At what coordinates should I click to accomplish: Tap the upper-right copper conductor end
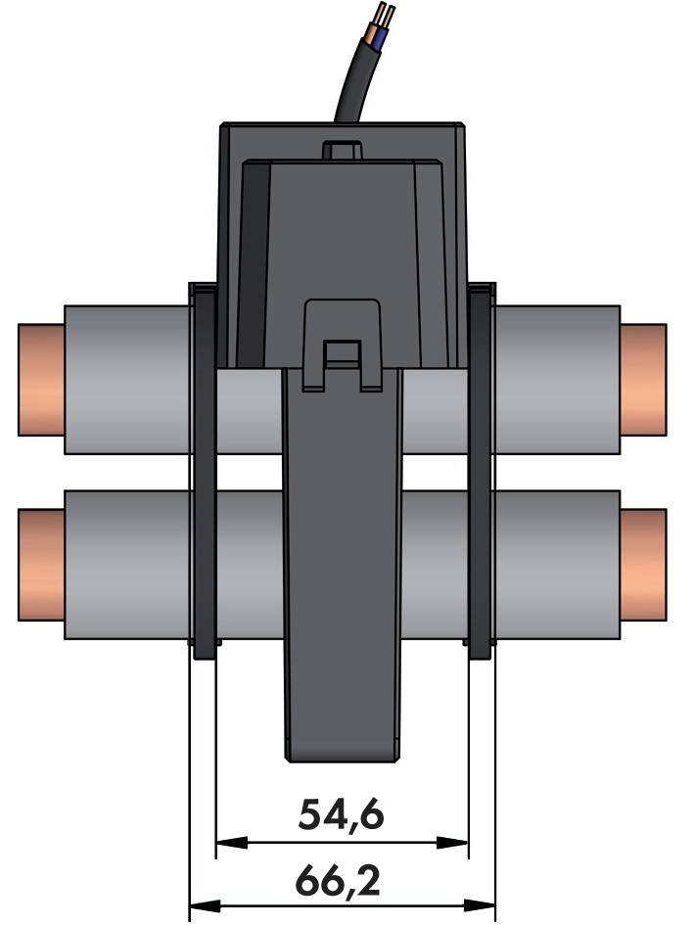click(643, 380)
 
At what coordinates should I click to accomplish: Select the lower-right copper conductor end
click(643, 565)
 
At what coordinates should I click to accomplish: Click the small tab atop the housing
click(342, 149)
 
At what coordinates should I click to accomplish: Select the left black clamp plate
click(204, 470)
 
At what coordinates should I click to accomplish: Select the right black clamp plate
click(482, 470)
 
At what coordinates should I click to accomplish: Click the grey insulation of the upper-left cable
click(127, 380)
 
